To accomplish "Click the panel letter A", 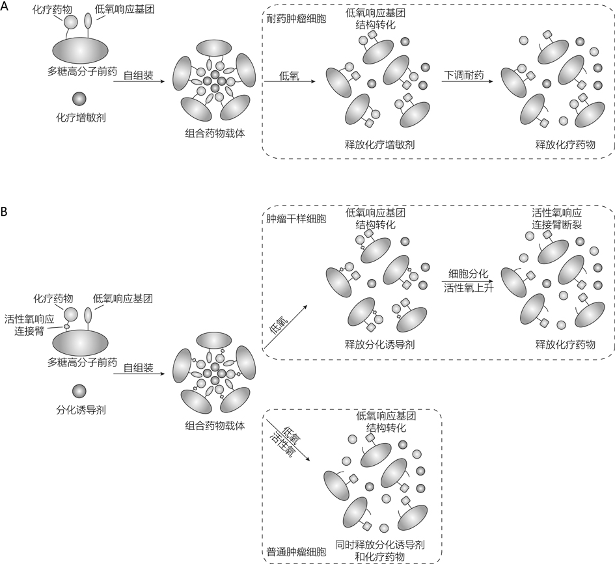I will [5, 7].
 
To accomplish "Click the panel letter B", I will [5, 212].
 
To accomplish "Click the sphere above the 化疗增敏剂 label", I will [79, 99].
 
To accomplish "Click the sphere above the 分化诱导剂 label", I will [79, 391].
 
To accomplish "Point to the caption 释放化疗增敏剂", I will [380, 144].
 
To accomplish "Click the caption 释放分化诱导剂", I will [380, 344].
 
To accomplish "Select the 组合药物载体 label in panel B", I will [211, 427].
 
